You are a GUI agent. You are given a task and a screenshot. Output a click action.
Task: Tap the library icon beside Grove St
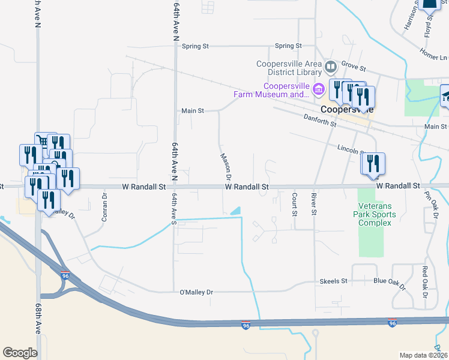coord(330,65)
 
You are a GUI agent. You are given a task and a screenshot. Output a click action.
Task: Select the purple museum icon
coord(318,90)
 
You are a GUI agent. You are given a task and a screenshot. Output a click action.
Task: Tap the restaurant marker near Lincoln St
coord(373,163)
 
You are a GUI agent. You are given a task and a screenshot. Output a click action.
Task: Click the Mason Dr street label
coord(225,166)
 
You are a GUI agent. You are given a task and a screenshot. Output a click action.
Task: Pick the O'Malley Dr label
coord(196,292)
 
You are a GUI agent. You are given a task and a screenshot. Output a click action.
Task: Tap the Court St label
coord(294,204)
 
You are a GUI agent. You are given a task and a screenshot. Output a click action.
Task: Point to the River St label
coord(313,204)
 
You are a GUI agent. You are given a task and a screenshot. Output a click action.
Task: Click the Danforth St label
coord(319,122)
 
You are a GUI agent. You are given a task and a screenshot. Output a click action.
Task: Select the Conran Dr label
coord(104,206)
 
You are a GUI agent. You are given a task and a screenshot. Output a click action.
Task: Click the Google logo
coord(20,353)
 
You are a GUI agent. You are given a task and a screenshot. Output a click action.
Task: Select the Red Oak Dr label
coord(424,283)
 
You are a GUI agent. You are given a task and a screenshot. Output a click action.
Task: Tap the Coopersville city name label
coord(346,110)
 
